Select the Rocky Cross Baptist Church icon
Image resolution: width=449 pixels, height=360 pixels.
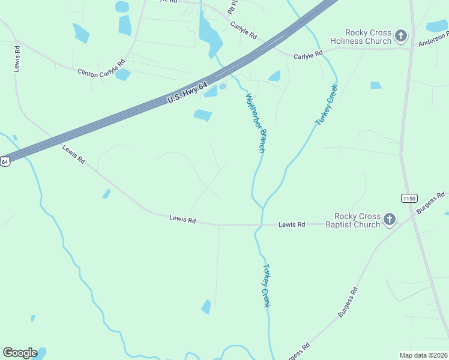point(390,220)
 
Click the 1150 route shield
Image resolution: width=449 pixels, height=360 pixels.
point(409,198)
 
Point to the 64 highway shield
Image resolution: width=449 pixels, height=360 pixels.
point(5,161)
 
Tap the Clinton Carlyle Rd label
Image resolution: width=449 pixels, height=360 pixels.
point(101,67)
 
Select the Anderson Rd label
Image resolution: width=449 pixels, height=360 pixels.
point(433,40)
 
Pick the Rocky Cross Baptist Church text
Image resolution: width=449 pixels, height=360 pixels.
point(357,220)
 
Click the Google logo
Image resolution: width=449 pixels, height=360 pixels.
point(20,353)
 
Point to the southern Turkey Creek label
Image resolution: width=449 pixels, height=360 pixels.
point(266,286)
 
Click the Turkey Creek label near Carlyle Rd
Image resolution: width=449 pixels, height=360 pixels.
point(327,105)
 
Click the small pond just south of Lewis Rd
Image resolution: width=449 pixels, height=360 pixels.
point(206,307)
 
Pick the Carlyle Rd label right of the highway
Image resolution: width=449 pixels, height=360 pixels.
point(308,55)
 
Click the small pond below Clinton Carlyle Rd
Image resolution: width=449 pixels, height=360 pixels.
point(122,74)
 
